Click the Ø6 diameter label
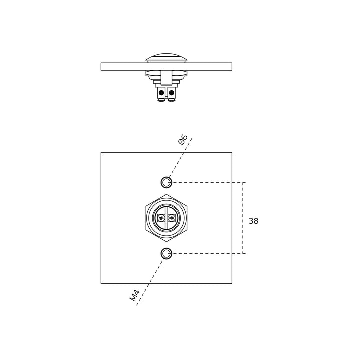183,140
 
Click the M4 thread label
135,295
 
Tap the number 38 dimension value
253,221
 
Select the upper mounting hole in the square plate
166,183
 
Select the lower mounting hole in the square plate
166,253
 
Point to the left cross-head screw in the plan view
161,218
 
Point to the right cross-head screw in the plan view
171,218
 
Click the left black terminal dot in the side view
161,93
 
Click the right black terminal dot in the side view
171,93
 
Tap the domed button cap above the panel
166,58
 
